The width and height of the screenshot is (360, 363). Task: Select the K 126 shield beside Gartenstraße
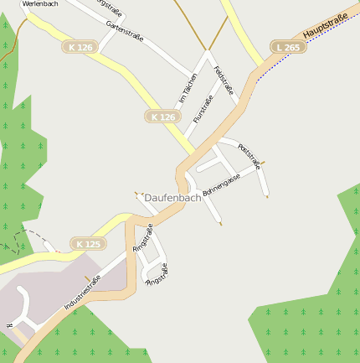click(x=80, y=48)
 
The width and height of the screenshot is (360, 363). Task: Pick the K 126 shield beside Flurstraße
click(x=163, y=117)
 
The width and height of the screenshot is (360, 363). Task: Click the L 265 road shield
click(x=288, y=48)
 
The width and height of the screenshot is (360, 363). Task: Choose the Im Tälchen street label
click(x=188, y=88)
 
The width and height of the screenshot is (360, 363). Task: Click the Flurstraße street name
click(x=203, y=109)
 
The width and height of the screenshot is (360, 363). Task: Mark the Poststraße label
click(x=249, y=157)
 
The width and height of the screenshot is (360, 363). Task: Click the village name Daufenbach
click(x=173, y=198)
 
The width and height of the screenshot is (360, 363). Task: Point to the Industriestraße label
click(x=83, y=293)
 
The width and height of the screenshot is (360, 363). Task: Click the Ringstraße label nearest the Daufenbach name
click(x=143, y=238)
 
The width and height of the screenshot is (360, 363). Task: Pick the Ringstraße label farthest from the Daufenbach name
click(x=157, y=275)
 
